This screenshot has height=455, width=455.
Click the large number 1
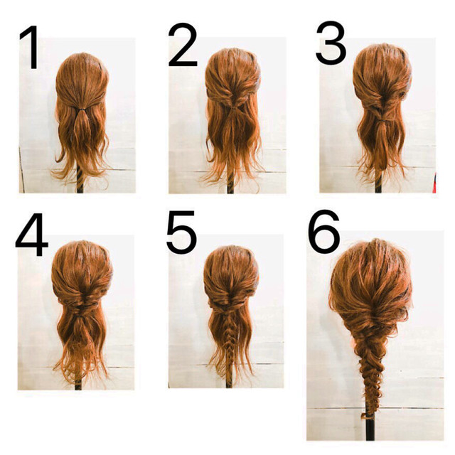pos(31,48)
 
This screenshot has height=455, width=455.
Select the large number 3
pos(331,43)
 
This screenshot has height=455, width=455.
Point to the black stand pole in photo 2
pos(230,186)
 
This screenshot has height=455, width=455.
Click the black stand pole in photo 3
pos(378,186)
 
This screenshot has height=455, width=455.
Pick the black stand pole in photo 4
pos(77,384)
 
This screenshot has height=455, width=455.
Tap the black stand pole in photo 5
pos(229,382)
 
